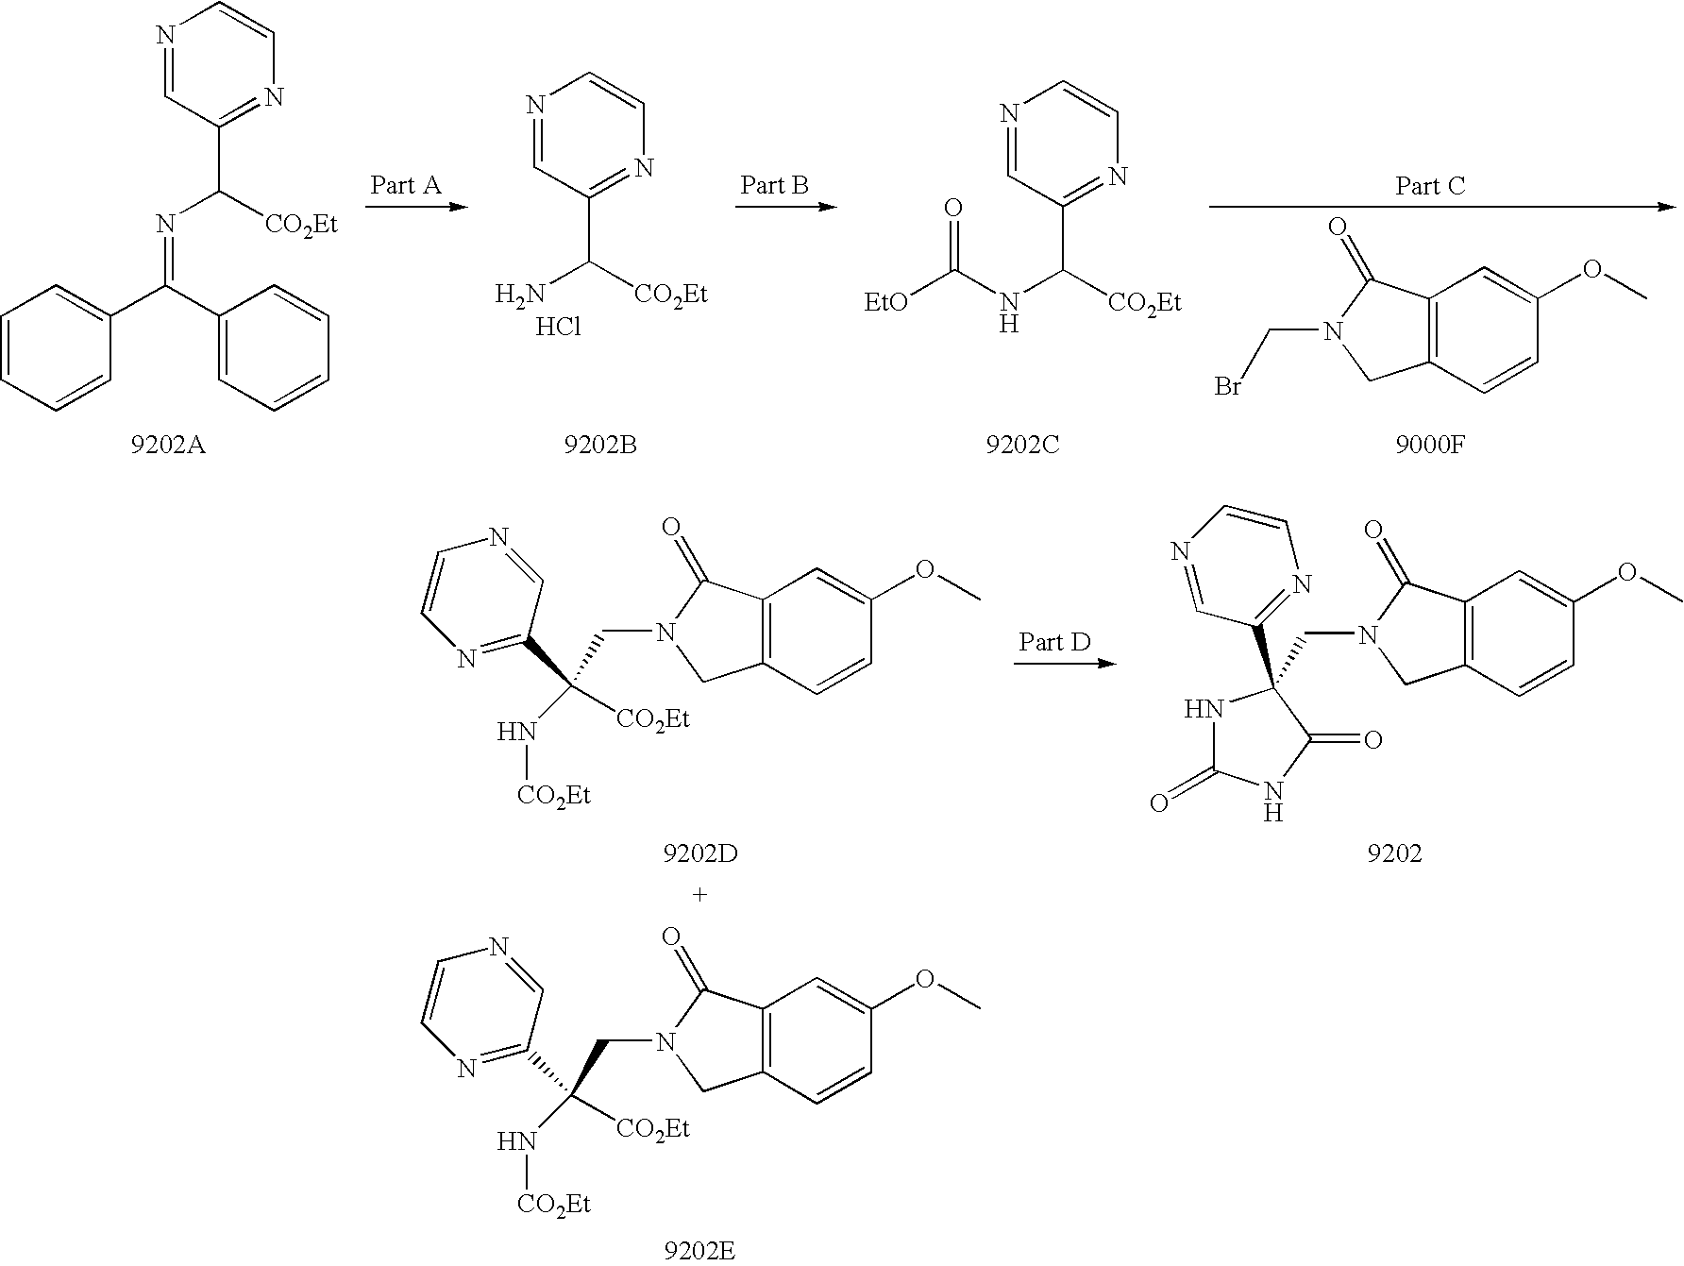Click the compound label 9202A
point(168,444)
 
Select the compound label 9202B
point(600,444)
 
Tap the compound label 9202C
point(1023,444)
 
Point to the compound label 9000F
point(1429,444)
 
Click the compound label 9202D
point(699,853)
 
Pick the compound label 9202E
point(699,1252)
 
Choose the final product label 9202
point(1394,853)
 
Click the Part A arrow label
point(406,185)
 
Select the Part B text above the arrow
point(775,185)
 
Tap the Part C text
point(1430,187)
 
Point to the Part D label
point(1054,643)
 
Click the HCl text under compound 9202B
point(558,328)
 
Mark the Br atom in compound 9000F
point(1227,387)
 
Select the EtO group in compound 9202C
point(887,301)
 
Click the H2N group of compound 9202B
point(520,295)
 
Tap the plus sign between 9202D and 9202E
point(699,894)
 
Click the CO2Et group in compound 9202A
point(300,225)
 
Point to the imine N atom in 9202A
point(166,225)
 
